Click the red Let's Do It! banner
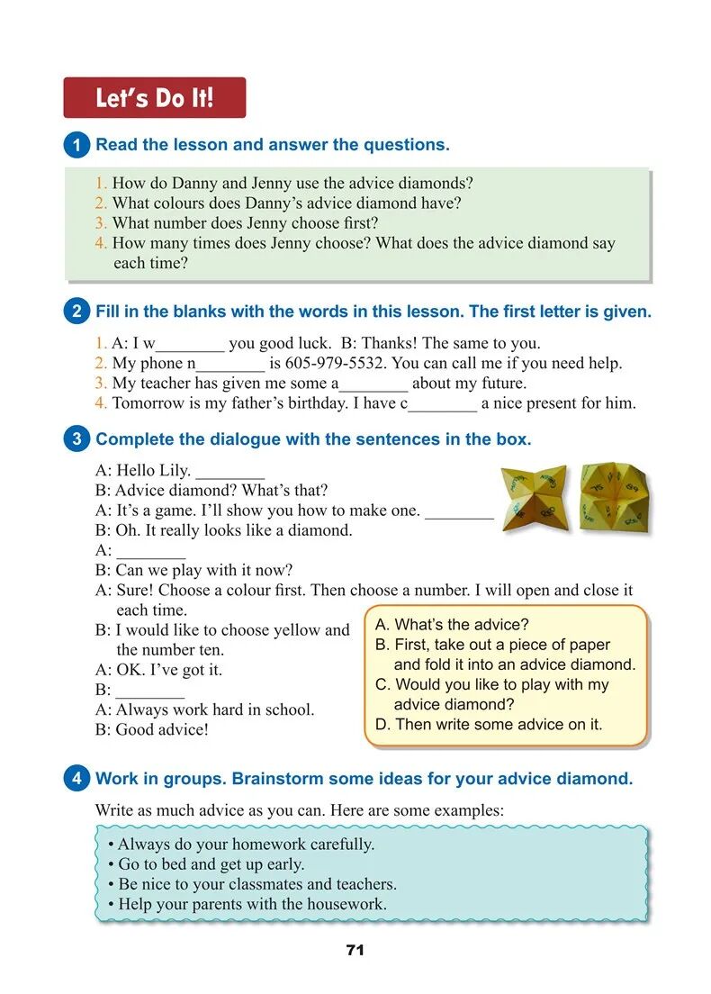154,98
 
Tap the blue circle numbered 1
76,145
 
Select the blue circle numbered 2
76,312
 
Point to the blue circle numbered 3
76,439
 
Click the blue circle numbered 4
76,779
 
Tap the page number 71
355,950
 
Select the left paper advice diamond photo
533,496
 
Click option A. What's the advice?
452,625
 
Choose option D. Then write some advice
489,724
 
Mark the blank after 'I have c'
443,404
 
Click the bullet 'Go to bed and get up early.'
206,864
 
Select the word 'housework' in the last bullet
346,904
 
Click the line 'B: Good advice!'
152,730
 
